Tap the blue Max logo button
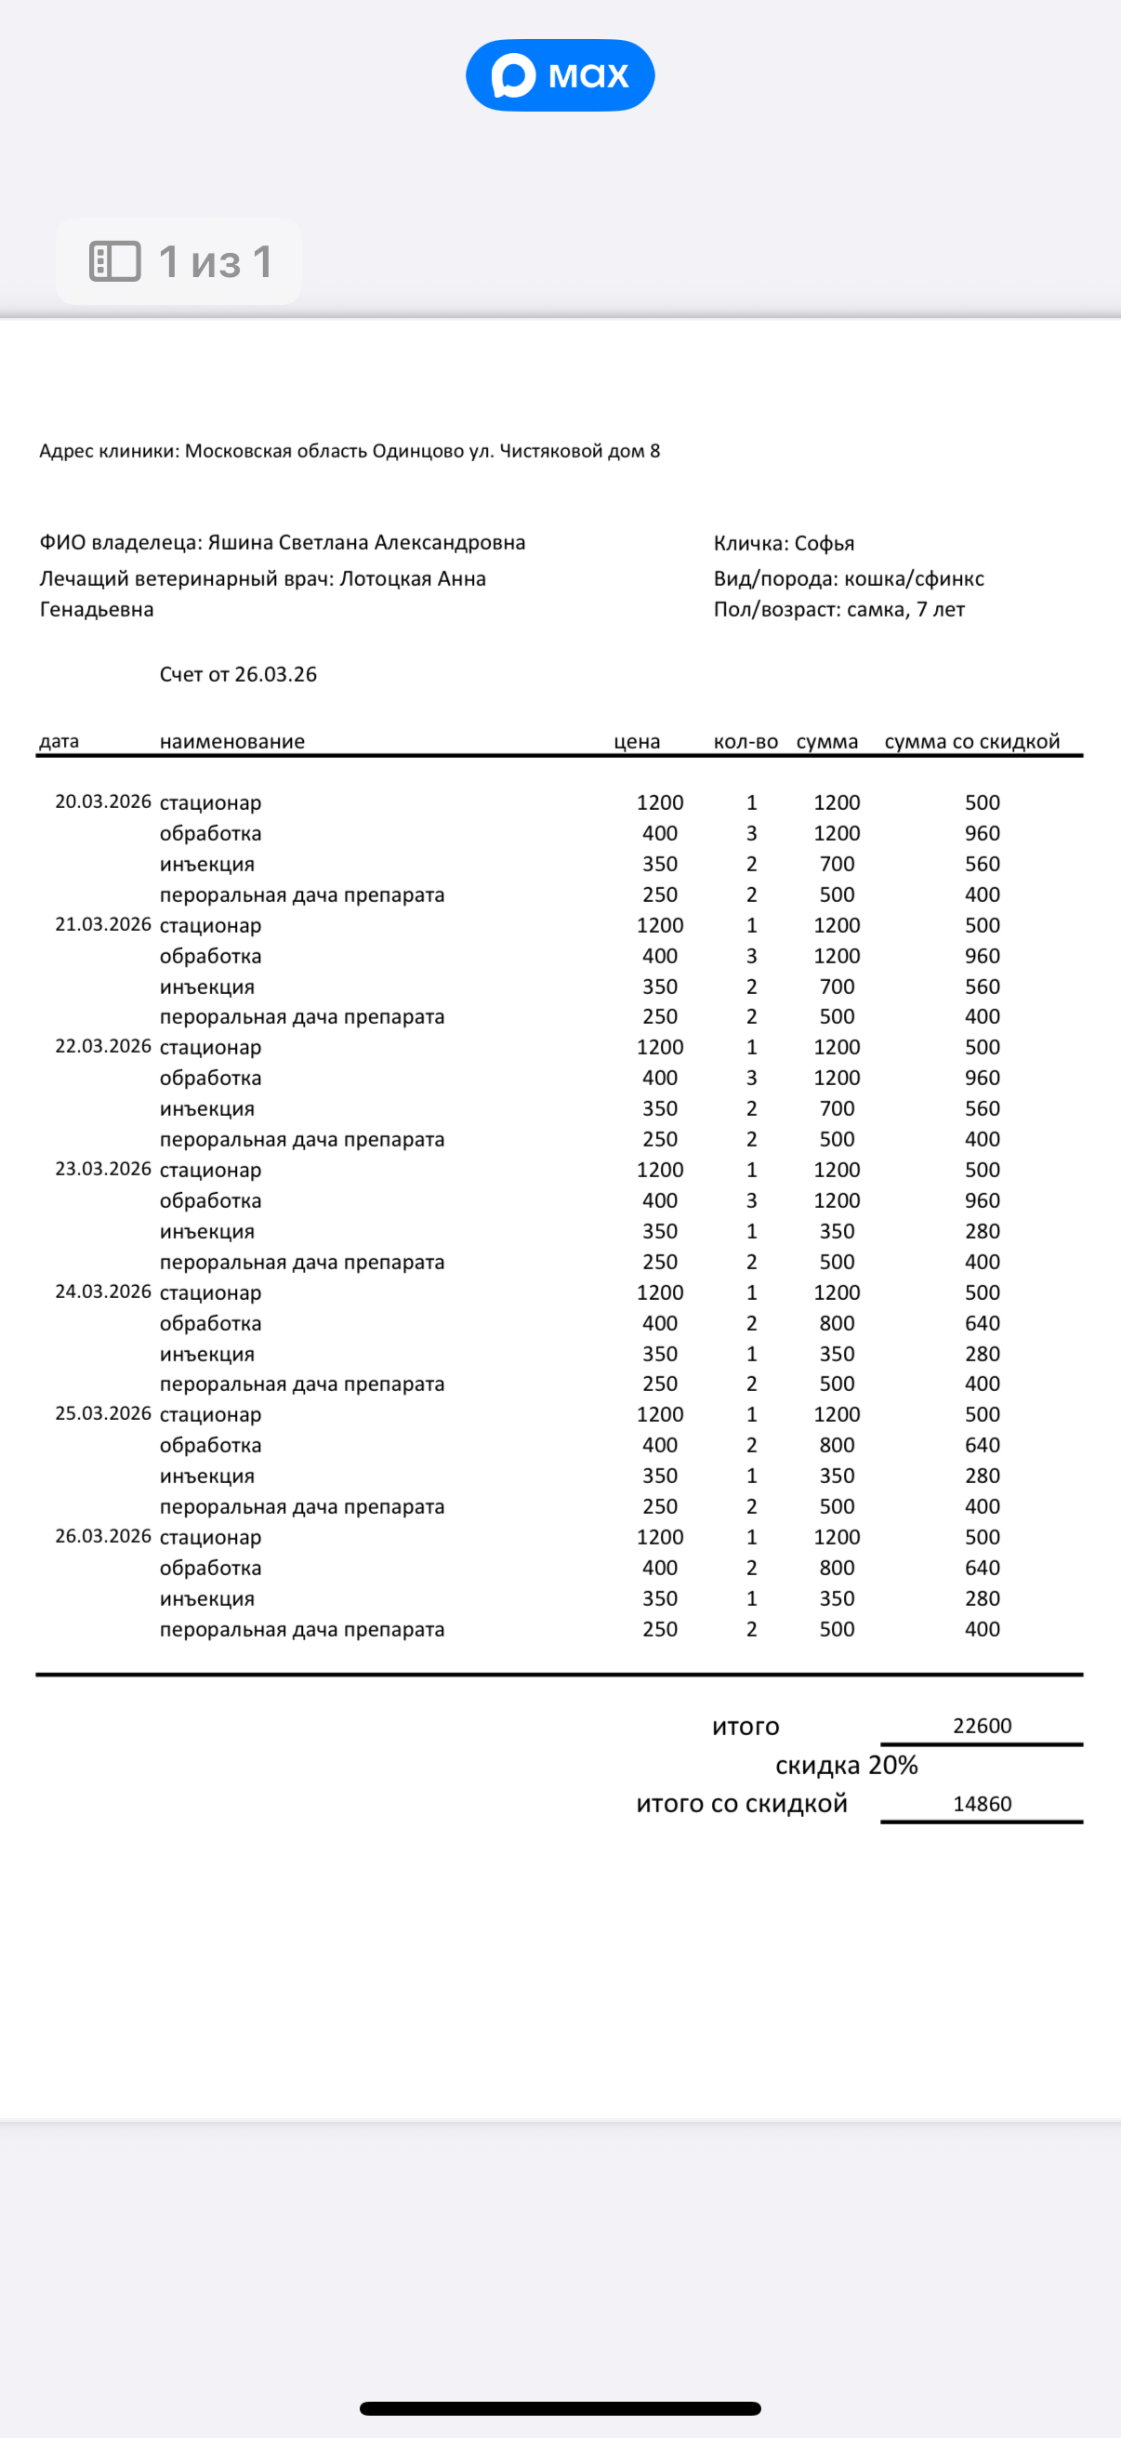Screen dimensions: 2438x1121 point(560,74)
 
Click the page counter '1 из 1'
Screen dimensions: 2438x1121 point(178,261)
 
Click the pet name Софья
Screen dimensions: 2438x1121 point(824,543)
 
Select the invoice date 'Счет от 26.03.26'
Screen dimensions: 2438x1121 point(237,674)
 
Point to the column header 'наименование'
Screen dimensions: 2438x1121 point(231,741)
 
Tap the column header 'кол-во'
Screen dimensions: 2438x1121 point(745,741)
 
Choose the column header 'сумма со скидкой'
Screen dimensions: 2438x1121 point(971,741)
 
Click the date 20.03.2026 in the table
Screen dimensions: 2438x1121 point(102,802)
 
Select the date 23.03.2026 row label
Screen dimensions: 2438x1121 point(102,1169)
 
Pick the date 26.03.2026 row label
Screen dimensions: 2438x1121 point(102,1536)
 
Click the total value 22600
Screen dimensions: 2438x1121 point(982,1726)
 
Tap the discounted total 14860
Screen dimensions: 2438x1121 point(982,1804)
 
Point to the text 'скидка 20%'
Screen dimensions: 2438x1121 point(847,1765)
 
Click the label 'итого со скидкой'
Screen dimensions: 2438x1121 point(742,1804)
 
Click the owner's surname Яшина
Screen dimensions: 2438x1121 point(238,542)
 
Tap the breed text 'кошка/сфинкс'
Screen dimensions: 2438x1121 point(914,578)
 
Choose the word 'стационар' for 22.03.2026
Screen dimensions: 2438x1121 point(210,1048)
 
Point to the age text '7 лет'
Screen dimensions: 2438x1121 point(941,610)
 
